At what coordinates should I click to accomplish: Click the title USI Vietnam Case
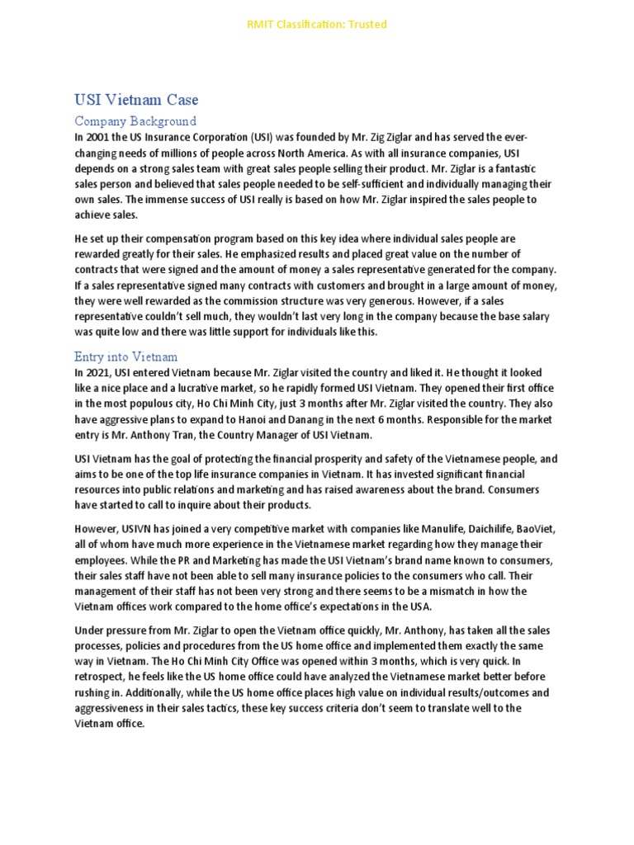(x=136, y=100)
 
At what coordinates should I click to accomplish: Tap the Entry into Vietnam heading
(x=125, y=356)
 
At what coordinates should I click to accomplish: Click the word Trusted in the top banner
(x=367, y=24)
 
